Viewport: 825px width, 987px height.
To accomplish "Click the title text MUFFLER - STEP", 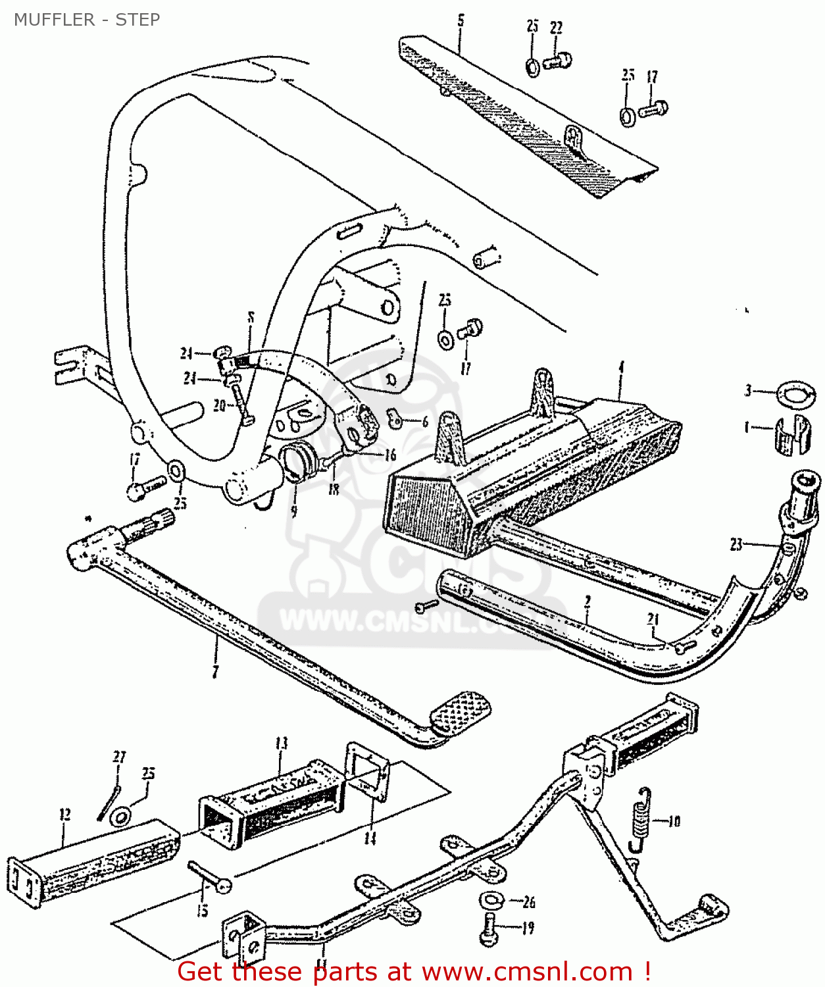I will [87, 20].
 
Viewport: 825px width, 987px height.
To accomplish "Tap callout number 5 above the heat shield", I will [461, 21].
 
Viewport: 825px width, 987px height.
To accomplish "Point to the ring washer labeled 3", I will [796, 393].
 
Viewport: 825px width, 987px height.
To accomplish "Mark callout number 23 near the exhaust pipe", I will [736, 544].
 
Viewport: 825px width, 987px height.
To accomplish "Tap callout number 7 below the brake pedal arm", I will [215, 671].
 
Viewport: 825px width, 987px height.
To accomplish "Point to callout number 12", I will [64, 815].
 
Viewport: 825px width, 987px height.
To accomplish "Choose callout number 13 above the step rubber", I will [282, 744].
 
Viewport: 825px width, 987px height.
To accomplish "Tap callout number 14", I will [370, 838].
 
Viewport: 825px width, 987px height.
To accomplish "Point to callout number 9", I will [293, 511].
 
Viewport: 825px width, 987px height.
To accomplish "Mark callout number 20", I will [219, 405].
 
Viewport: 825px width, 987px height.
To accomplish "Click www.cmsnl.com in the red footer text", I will [527, 972].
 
